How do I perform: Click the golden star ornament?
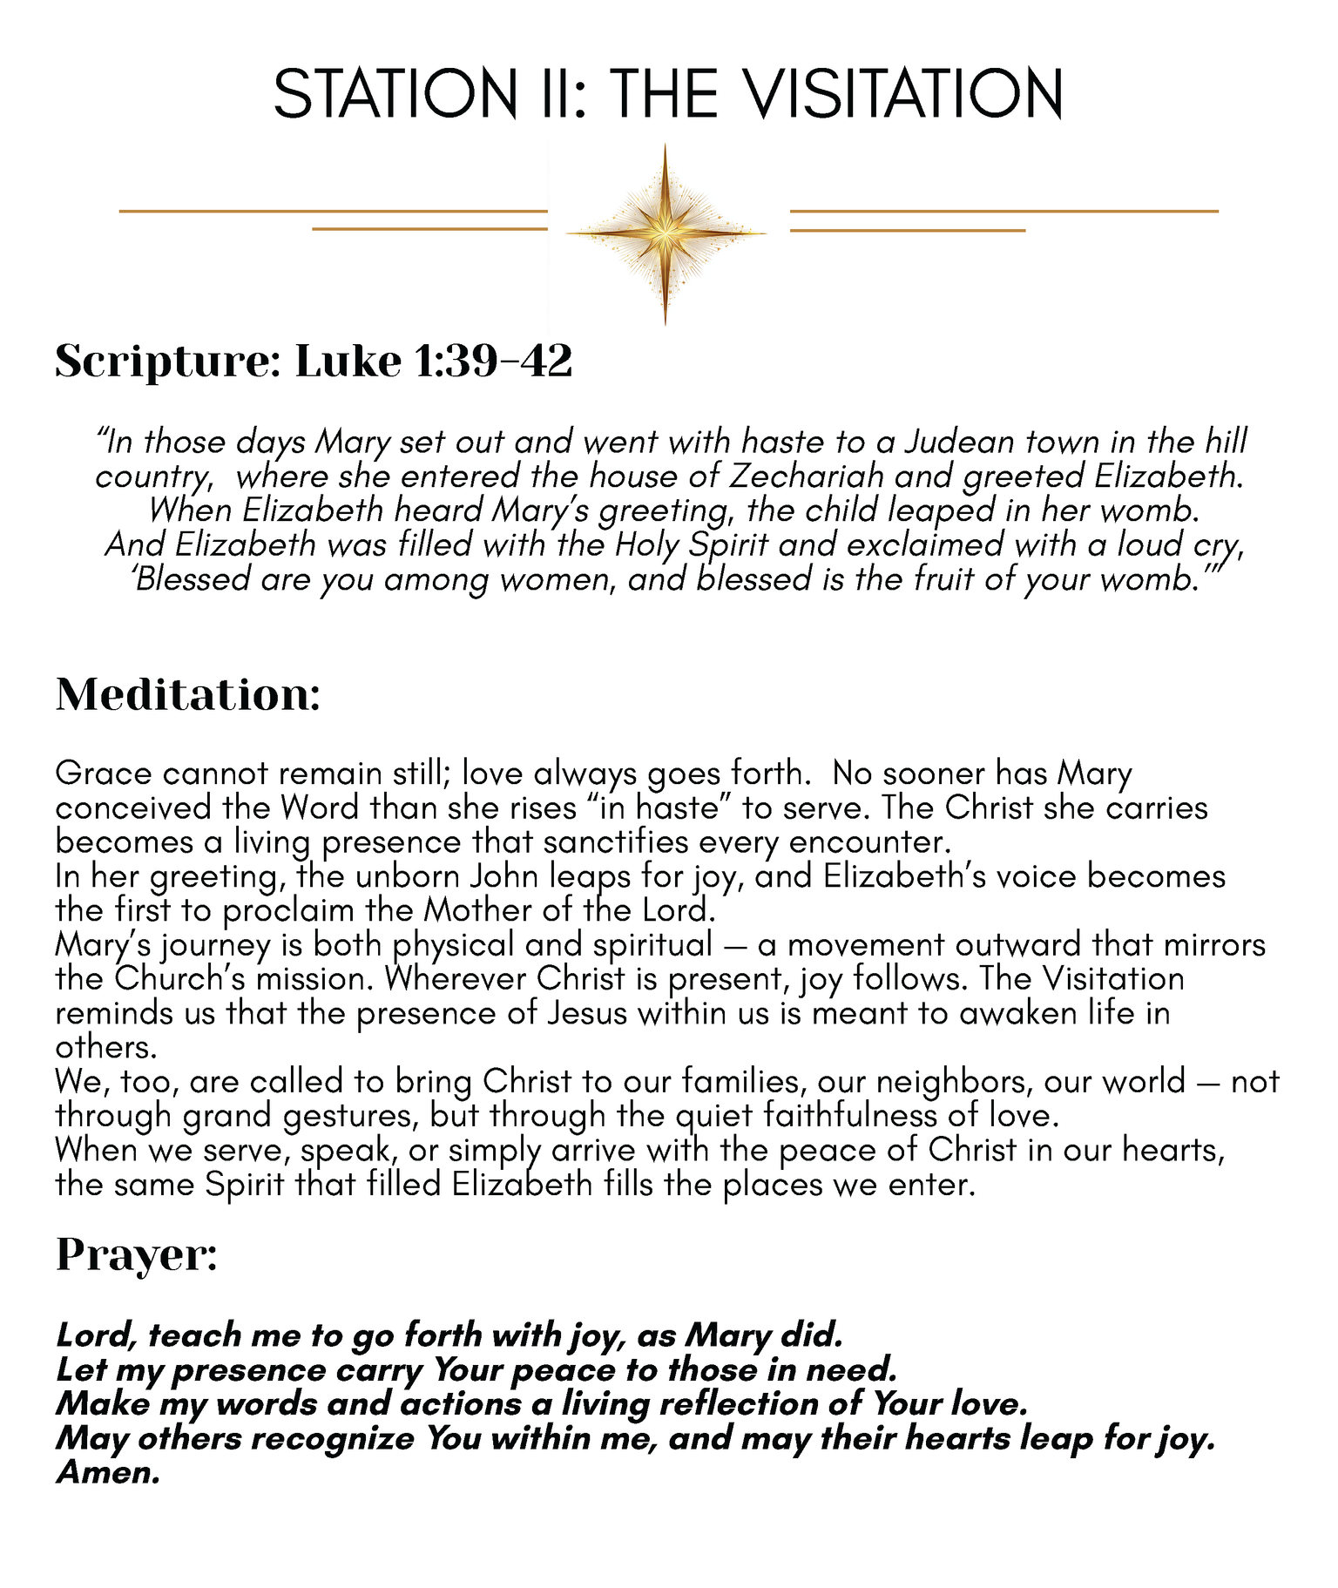point(666,233)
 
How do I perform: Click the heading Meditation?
point(188,695)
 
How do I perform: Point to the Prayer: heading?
point(137,1255)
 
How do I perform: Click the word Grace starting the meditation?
point(101,774)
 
